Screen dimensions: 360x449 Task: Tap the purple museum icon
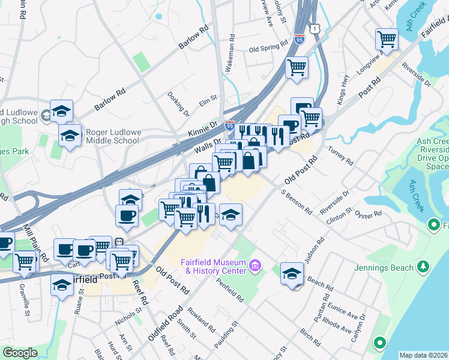pyautogui.click(x=255, y=265)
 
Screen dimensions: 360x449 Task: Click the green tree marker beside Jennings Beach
pyautogui.click(x=424, y=265)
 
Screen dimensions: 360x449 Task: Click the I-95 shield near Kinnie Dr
pyautogui.click(x=229, y=125)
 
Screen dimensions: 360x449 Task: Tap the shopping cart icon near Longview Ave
pyautogui.click(x=387, y=40)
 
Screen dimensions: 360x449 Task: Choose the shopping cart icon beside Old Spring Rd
pyautogui.click(x=297, y=67)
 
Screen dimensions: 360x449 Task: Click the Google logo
pyautogui.click(x=20, y=353)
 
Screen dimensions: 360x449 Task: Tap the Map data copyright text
pyautogui.click(x=424, y=355)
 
